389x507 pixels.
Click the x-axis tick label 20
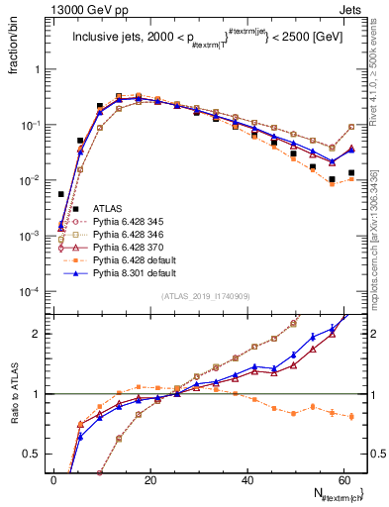pos(149,481)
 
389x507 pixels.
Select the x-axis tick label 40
pos(245,481)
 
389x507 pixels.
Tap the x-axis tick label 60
pos(341,481)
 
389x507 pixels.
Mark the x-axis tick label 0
pos(53,481)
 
